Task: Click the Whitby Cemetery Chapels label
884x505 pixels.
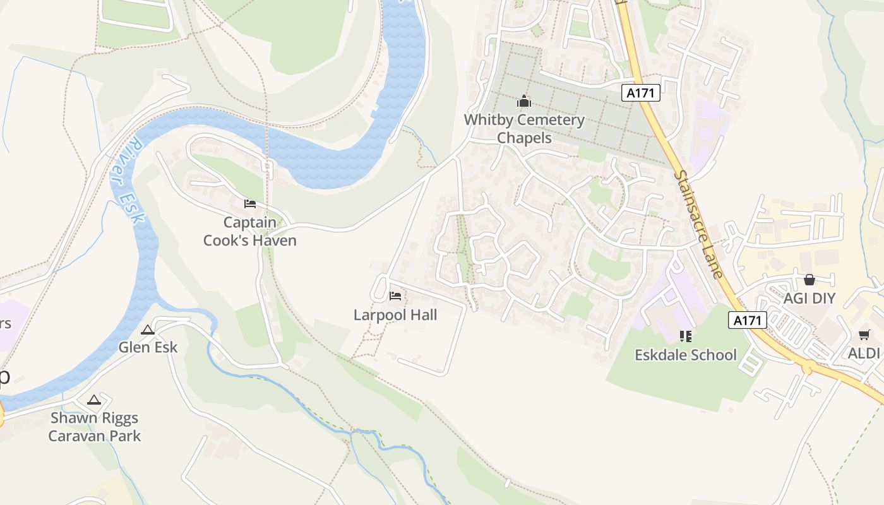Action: [524, 129]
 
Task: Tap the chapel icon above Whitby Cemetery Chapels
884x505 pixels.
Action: [524, 101]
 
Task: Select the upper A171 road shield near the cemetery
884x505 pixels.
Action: [641, 93]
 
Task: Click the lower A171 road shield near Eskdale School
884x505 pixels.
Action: [748, 320]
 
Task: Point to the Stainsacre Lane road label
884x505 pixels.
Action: [698, 225]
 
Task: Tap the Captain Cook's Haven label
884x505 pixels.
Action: [250, 231]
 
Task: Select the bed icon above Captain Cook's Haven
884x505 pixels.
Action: [250, 204]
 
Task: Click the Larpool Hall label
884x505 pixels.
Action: [395, 314]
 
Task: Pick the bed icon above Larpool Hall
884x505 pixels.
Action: [395, 295]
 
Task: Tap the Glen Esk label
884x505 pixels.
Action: [148, 347]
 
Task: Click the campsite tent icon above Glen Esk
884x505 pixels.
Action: [148, 330]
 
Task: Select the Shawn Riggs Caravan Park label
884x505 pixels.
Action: [95, 427]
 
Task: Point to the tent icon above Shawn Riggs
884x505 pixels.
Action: [94, 400]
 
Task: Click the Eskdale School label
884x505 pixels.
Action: [686, 355]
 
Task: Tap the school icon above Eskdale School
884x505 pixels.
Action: [686, 336]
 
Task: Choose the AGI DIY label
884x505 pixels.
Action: [809, 299]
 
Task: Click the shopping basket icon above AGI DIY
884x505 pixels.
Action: [809, 280]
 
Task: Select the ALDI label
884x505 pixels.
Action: [864, 353]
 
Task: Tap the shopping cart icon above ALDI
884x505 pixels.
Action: [864, 335]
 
